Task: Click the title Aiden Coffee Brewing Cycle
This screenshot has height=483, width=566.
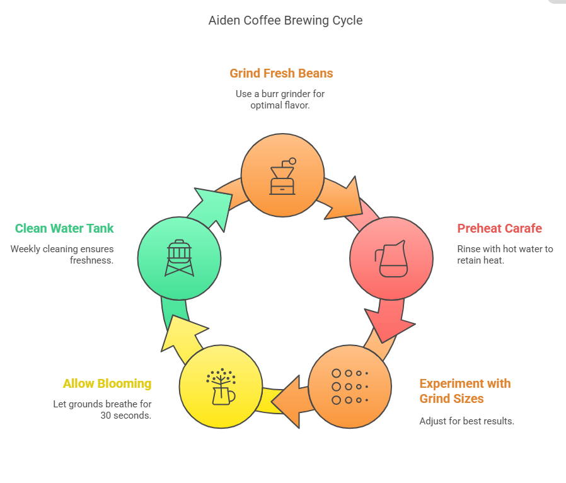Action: tap(285, 20)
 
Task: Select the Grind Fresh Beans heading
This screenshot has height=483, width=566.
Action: tap(281, 73)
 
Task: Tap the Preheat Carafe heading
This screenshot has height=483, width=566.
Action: tap(499, 228)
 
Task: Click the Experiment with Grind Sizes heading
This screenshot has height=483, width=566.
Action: tap(465, 391)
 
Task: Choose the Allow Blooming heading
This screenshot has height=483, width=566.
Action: tap(107, 383)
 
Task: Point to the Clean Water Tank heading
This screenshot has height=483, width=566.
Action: tap(64, 228)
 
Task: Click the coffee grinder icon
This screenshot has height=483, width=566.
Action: tap(282, 176)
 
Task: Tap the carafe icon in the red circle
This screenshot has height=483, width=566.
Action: tap(391, 259)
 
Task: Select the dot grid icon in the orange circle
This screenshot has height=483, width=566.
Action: tap(349, 387)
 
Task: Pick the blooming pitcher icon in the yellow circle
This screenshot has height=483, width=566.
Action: tap(220, 387)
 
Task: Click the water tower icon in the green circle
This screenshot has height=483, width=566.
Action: tap(179, 258)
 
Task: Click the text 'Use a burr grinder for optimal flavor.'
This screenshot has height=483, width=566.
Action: tap(280, 100)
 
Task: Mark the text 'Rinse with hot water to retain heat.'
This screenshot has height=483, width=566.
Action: tap(505, 254)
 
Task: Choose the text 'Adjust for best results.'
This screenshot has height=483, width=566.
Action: tap(466, 421)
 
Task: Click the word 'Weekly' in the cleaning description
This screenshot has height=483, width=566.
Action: tap(25, 249)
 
